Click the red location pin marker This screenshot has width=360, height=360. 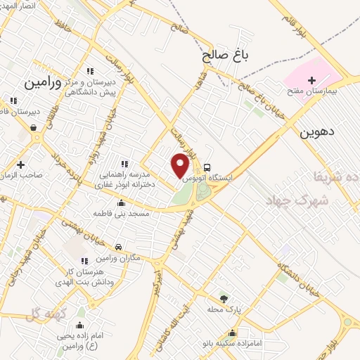coord(181,165)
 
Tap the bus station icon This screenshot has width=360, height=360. coord(207,167)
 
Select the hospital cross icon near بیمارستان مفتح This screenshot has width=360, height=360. coord(312,80)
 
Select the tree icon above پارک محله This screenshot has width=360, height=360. coord(224,298)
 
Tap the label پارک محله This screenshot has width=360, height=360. coord(225,309)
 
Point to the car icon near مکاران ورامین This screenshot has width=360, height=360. coord(119,246)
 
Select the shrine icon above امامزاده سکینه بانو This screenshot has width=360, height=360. coord(233,333)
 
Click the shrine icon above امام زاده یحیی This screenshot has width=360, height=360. coord(80,326)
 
